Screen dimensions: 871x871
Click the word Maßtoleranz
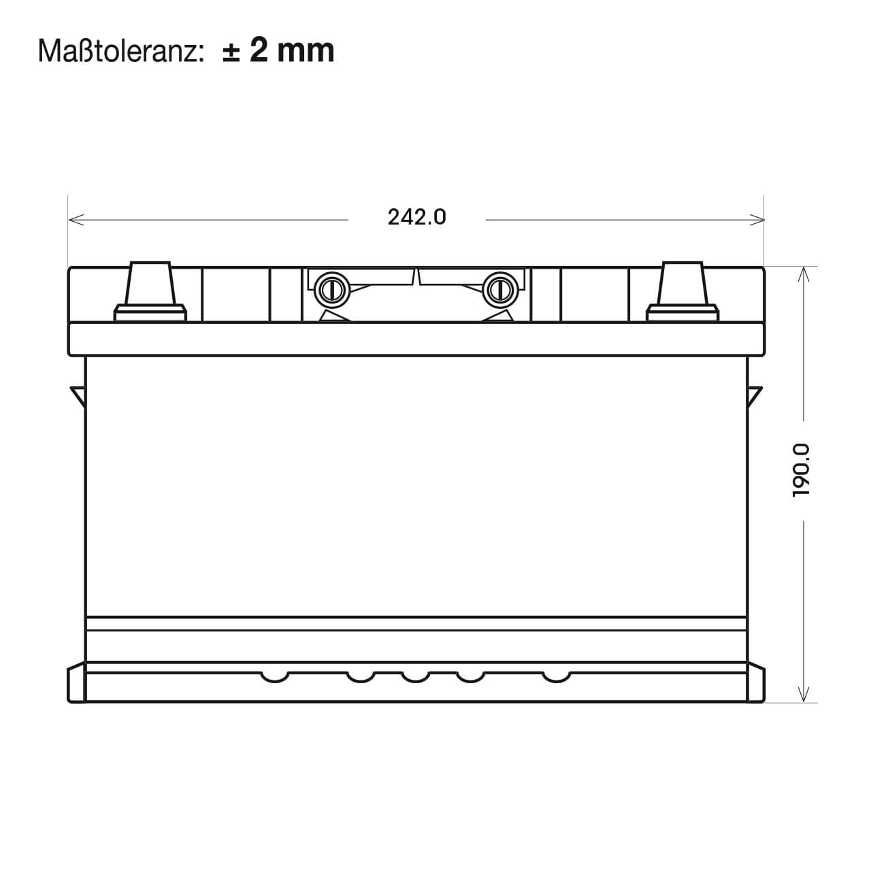click(x=118, y=52)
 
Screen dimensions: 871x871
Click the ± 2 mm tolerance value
click(x=278, y=50)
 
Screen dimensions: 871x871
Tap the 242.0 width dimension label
click(x=416, y=218)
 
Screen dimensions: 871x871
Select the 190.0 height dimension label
click(x=801, y=470)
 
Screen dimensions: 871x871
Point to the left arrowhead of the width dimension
click(x=76, y=220)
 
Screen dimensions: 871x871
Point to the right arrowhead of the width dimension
click(x=757, y=220)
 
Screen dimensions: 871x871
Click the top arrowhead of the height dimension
click(x=803, y=274)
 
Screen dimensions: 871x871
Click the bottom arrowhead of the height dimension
click(x=803, y=694)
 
